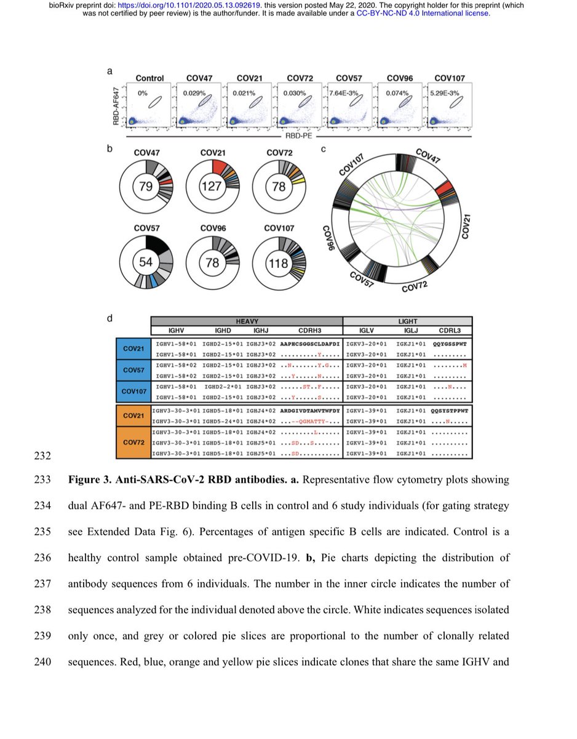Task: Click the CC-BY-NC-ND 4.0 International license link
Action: point(423,14)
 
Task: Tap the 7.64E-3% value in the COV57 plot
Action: point(346,93)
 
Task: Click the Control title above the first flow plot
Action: point(149,78)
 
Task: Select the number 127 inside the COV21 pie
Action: point(210,187)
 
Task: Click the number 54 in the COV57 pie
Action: point(146,261)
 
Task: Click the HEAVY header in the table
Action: point(246,321)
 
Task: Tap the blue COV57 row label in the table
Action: point(133,371)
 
